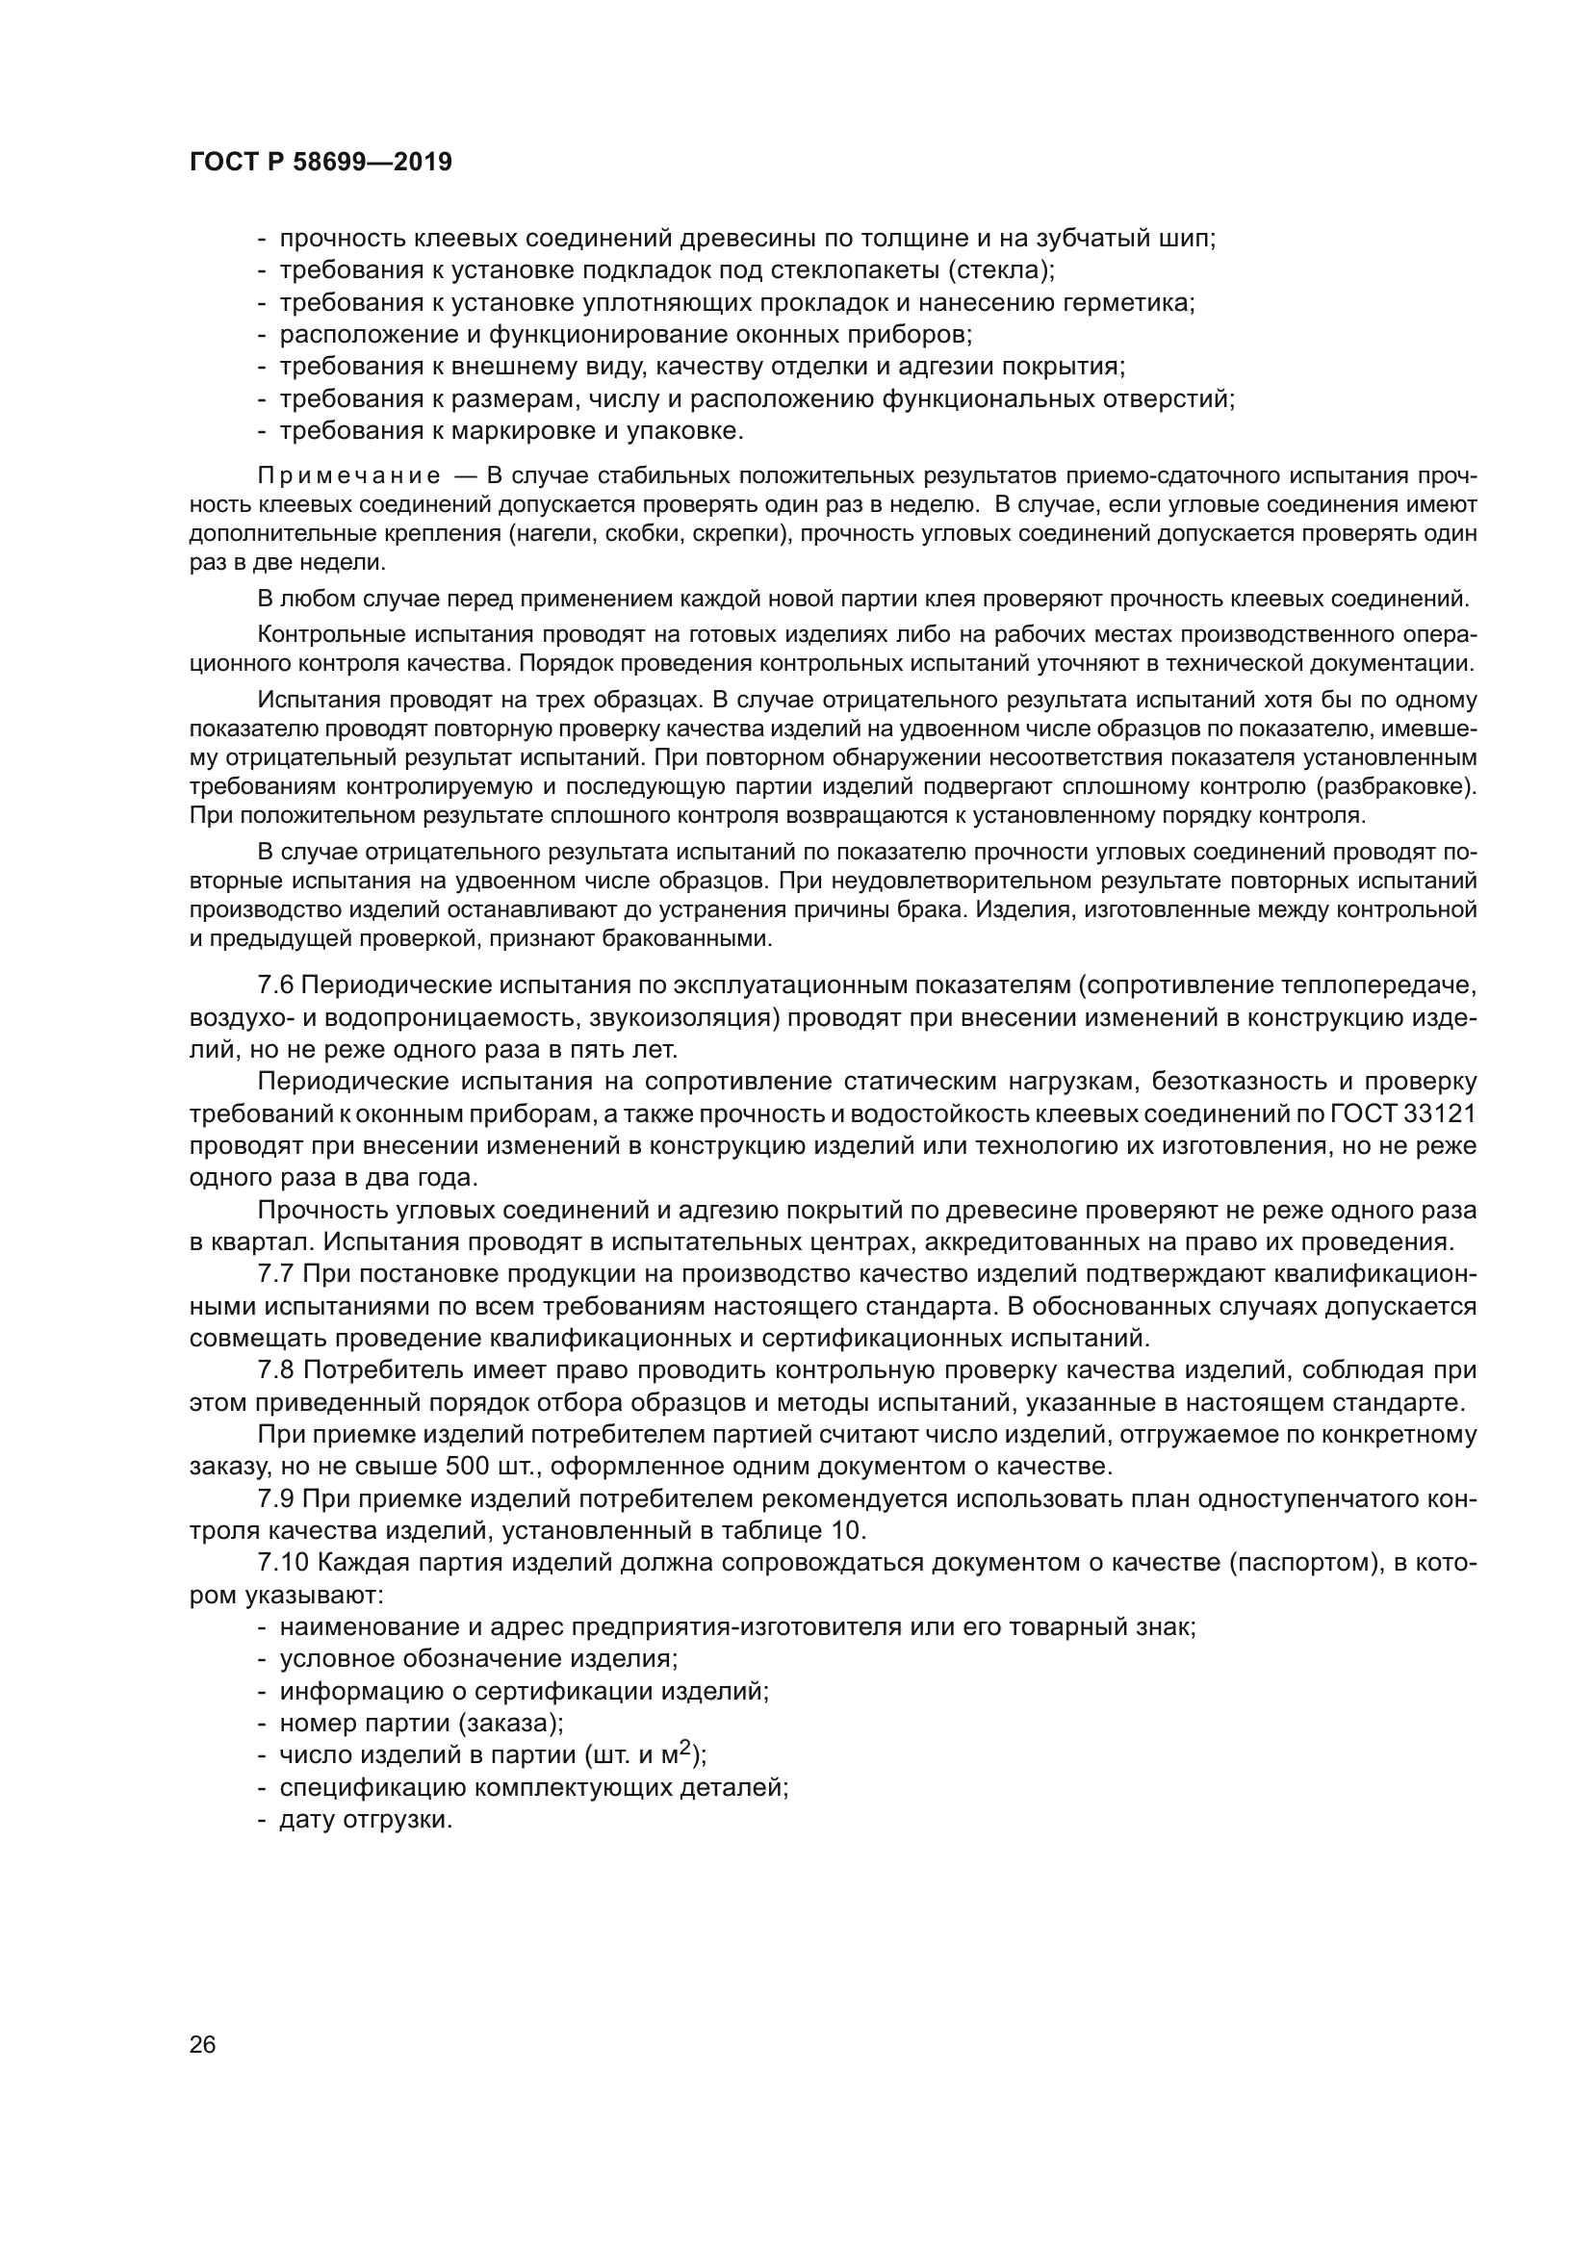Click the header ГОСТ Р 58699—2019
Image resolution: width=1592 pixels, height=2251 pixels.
321,163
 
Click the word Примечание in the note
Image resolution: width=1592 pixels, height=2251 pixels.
348,476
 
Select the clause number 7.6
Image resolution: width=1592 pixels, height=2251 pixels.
275,985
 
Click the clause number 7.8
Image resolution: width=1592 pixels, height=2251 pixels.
275,1369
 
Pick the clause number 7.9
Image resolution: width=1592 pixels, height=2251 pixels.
275,1498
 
